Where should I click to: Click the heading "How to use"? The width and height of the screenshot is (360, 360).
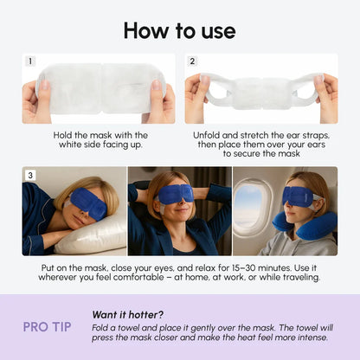point(179,30)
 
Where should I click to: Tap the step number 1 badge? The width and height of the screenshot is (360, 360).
point(30,61)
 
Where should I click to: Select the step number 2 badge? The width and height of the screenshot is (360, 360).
point(192,61)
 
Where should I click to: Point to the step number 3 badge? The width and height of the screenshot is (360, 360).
point(30,175)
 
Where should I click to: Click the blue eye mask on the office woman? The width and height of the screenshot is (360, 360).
point(179,194)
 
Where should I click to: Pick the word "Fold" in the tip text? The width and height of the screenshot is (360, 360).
point(100,330)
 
